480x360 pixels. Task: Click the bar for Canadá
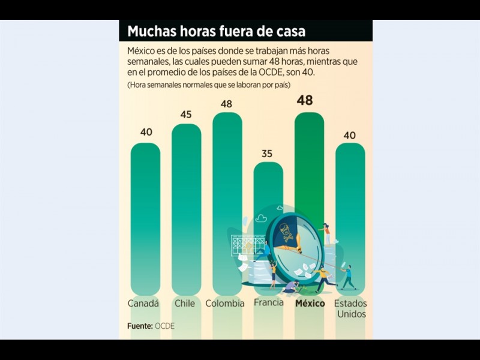click(145, 216)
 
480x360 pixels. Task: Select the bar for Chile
click(186, 204)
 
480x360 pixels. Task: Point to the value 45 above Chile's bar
click(186, 115)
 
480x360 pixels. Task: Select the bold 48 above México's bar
click(305, 101)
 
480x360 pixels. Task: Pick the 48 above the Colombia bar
click(226, 104)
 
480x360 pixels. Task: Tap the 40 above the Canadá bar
click(146, 132)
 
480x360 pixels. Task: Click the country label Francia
click(268, 302)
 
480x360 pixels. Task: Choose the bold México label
click(310, 304)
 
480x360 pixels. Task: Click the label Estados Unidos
click(351, 308)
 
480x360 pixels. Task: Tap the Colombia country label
click(225, 304)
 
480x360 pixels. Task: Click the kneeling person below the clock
click(292, 287)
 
